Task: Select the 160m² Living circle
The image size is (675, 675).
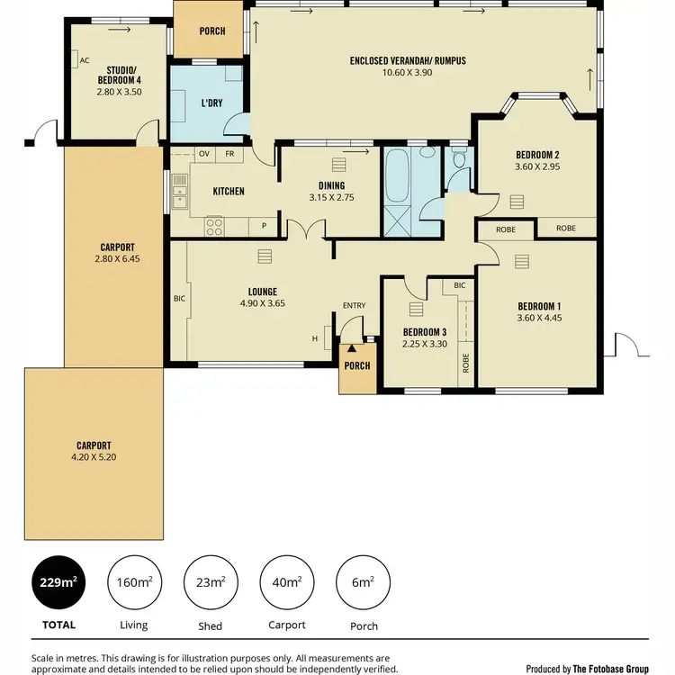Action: pos(133,582)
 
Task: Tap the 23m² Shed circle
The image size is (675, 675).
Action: pos(210,582)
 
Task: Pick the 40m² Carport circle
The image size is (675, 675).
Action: pos(286,582)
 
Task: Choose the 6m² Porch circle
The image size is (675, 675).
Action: pos(362,582)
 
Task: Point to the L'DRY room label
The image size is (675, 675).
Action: pos(211,103)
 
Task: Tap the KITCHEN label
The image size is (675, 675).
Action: pos(229,191)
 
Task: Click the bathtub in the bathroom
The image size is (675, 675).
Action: pos(397,177)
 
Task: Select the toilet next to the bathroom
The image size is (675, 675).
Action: pos(459,162)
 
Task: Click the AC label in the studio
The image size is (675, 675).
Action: pos(85,60)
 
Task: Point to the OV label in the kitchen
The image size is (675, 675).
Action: pos(203,154)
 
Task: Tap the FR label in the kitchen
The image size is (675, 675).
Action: pos(229,154)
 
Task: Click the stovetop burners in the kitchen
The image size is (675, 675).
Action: pos(214,225)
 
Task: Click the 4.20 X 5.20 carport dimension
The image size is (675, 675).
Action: pos(94,457)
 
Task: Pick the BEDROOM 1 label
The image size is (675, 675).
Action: pos(538,305)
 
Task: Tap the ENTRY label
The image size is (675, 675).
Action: pos(354,306)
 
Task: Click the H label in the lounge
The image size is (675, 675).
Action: pos(315,338)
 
